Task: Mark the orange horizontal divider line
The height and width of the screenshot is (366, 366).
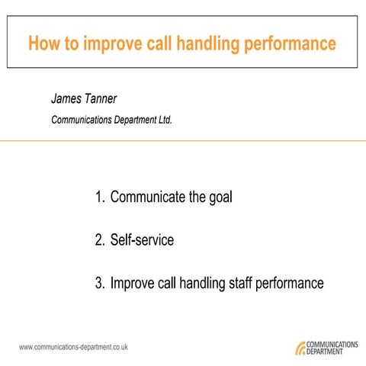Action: tap(183, 140)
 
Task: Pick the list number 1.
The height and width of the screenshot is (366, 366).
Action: tap(99, 197)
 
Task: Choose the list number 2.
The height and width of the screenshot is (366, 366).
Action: tap(99, 241)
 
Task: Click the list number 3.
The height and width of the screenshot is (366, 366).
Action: tap(99, 284)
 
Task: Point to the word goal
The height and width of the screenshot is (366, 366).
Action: tap(222, 198)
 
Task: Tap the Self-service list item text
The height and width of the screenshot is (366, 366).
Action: tap(142, 241)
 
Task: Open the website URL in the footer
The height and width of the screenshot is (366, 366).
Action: tap(73, 347)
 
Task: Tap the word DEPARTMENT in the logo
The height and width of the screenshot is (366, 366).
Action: tap(331, 352)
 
